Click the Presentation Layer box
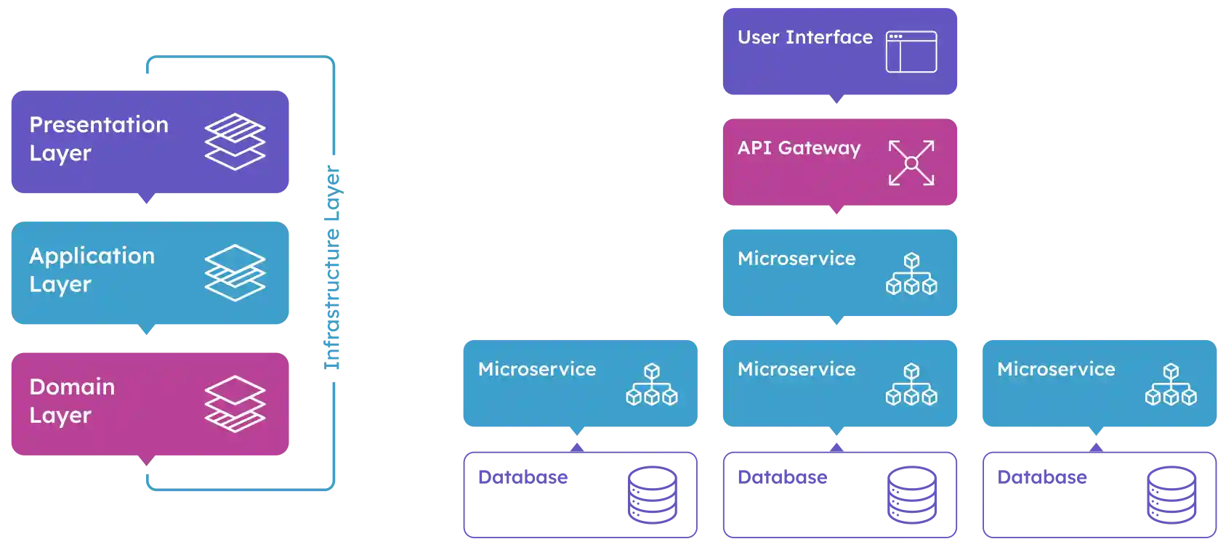[148, 142]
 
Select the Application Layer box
[148, 273]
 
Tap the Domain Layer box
[148, 404]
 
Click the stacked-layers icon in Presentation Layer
[235, 142]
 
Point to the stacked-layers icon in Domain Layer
[235, 404]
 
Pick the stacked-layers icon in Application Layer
[235, 273]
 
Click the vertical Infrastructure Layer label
[333, 269]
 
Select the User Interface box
[839, 52]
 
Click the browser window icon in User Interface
[911, 52]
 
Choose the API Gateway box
[839, 162]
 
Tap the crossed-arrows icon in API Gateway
[911, 163]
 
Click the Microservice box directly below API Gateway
[839, 272]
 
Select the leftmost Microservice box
[578, 383]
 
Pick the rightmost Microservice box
[1100, 383]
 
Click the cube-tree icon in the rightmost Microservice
[1171, 385]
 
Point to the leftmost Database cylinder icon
[653, 496]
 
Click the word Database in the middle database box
[783, 477]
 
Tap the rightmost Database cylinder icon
[1171, 496]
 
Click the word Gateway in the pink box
[819, 148]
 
